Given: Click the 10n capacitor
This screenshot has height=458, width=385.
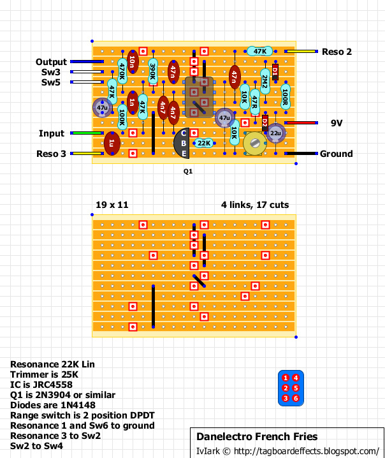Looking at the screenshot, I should coord(132,61).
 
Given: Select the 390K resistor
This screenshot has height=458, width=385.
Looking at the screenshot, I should coord(153,71).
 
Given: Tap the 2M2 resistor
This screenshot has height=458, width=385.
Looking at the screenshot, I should coord(265,81).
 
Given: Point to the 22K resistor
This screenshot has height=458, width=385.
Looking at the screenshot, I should coord(204,143).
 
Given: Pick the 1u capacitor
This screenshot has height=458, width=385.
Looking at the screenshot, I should coord(112,143).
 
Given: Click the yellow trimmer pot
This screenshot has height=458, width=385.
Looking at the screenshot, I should coord(255,143).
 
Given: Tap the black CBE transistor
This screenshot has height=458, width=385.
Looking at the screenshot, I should coord(182,143).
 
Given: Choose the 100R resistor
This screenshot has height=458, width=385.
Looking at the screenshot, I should coord(285,97).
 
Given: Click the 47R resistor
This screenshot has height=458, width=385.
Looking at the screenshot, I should coord(254,100).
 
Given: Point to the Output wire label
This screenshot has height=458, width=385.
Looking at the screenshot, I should coord(51,62).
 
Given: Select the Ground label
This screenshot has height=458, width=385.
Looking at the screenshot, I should coord(336,154).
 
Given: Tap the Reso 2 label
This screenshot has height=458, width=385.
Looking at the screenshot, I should coord(337,52).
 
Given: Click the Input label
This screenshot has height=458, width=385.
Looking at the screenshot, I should coord(52,133).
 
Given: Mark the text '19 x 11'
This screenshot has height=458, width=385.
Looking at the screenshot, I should coord(112,205).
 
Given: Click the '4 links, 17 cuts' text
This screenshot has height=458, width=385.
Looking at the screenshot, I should coord(255,205).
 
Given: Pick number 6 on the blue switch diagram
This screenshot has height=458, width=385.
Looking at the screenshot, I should coord(296,399).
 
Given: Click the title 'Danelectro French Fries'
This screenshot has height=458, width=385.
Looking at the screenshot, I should coord(257,437).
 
